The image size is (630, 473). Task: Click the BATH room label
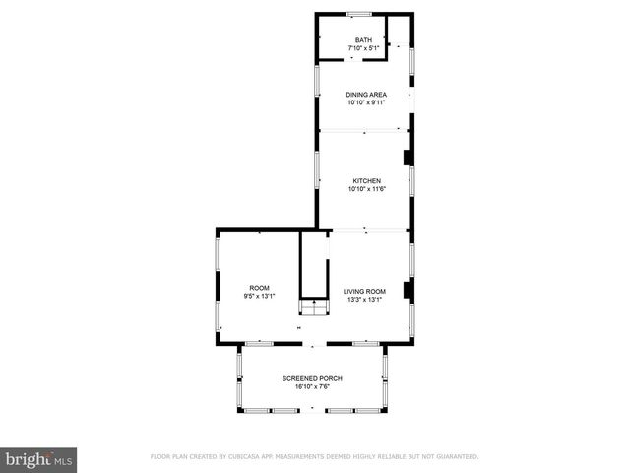point(364,40)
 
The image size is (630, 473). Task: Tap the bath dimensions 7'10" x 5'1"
point(364,48)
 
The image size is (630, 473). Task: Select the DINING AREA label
point(365,95)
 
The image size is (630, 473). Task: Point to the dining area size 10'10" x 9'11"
point(365,102)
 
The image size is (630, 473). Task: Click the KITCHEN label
point(366,181)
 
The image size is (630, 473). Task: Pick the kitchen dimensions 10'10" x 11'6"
point(366,189)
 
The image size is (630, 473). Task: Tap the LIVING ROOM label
point(363,291)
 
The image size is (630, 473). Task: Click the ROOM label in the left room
point(259,288)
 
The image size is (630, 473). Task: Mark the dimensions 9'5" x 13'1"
point(259,296)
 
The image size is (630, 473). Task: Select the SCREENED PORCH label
point(311,379)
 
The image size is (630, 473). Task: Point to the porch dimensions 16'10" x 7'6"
point(311,387)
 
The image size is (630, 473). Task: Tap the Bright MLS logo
point(39,458)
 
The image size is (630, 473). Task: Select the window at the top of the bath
point(359,13)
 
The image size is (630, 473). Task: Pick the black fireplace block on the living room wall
point(409,290)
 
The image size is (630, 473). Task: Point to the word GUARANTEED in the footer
point(455,456)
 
